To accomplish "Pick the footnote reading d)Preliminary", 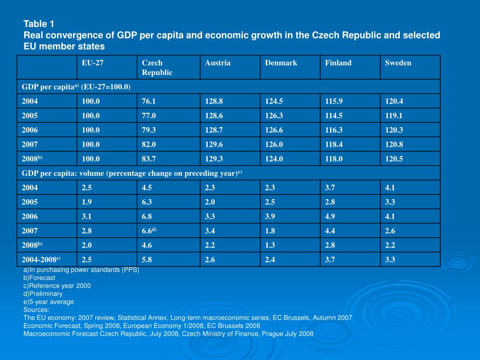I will pyautogui.click(x=43, y=293).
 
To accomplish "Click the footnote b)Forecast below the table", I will pyautogui.click(x=39, y=277).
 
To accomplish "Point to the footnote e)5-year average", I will pyautogui.click(x=48, y=301).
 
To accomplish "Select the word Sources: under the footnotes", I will pyautogui.click(x=37, y=309).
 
